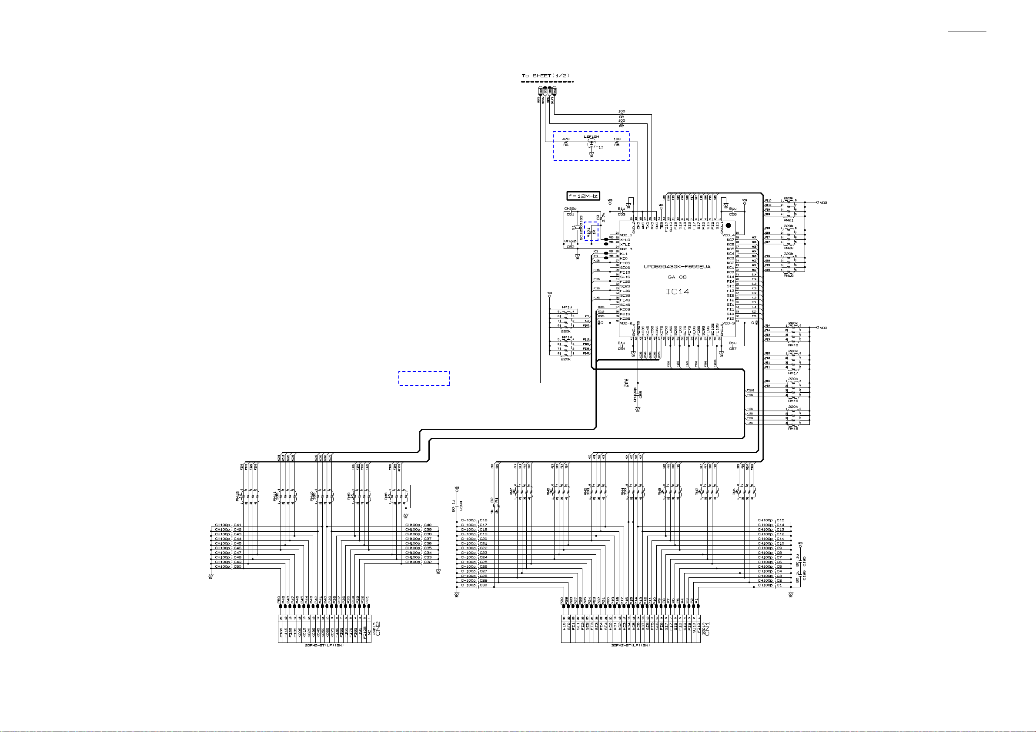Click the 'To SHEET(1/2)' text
pos(545,76)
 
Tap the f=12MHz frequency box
pos(583,196)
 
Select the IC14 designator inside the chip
pos(677,291)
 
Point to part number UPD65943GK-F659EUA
pos(677,267)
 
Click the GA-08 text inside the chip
pos(677,277)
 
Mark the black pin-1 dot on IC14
pos(728,225)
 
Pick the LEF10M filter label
pos(591,136)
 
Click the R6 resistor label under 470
pos(566,145)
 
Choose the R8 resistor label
pos(622,117)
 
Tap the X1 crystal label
pos(574,228)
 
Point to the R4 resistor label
pos(626,386)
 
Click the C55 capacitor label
pos(640,394)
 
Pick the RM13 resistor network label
pos(567,307)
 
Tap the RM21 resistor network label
pos(788,220)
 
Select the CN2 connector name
pos(378,629)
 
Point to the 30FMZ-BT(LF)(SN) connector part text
pos(630,646)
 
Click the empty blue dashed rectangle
pos(424,378)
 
